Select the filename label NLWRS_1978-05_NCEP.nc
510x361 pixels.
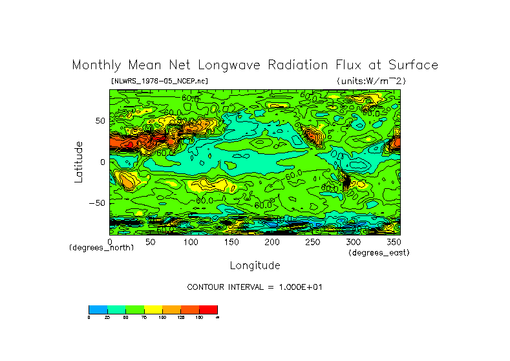(x=159, y=81)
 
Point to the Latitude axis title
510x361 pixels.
(x=78, y=162)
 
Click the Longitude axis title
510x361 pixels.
(x=255, y=265)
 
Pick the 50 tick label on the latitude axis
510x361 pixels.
(x=99, y=121)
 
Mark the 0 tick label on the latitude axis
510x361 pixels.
(x=102, y=162)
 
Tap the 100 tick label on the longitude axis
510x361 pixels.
(x=191, y=241)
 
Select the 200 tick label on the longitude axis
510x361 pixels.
(x=271, y=241)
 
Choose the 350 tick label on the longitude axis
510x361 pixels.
(x=392, y=241)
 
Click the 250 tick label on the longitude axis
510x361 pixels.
(x=312, y=241)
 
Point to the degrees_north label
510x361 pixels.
(x=101, y=248)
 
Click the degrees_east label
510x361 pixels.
(x=379, y=252)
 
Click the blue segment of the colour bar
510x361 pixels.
(x=98, y=309)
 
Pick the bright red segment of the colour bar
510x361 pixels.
(x=208, y=309)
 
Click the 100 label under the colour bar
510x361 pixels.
(x=162, y=317)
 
